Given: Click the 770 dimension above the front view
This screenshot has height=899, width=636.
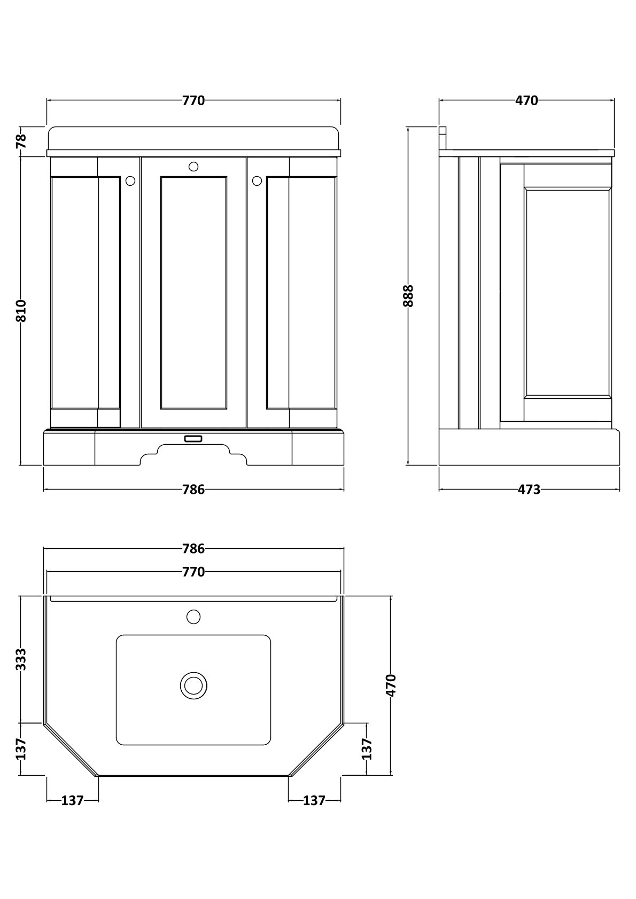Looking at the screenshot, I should pyautogui.click(x=193, y=100).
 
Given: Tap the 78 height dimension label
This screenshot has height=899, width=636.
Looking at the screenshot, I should pyautogui.click(x=21, y=141).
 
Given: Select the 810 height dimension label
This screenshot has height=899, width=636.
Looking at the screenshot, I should pyautogui.click(x=21, y=311).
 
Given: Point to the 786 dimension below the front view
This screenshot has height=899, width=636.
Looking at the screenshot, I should pyautogui.click(x=193, y=489).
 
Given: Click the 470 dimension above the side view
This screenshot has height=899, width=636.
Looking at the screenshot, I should pyautogui.click(x=526, y=100).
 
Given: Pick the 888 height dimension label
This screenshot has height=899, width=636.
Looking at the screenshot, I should pyautogui.click(x=408, y=296).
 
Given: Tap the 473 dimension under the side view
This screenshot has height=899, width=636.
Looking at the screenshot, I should pyautogui.click(x=529, y=489).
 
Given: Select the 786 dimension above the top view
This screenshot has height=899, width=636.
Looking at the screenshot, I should pyautogui.click(x=193, y=548).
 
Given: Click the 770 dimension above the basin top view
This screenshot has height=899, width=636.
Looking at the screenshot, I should pyautogui.click(x=193, y=572).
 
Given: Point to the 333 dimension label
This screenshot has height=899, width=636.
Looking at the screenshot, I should pyautogui.click(x=21, y=659).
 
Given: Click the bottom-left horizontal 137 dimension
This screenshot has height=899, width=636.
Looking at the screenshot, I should pyautogui.click(x=72, y=800).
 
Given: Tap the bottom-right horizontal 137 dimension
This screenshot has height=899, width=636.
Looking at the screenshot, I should pyautogui.click(x=314, y=800).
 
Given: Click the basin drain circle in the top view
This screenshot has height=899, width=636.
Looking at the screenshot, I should pyautogui.click(x=193, y=685).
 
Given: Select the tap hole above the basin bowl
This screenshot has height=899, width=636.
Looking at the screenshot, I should pyautogui.click(x=193, y=617).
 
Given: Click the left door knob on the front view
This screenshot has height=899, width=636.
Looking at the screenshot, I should pyautogui.click(x=130, y=181).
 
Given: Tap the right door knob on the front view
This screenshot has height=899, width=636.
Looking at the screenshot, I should pyautogui.click(x=257, y=181).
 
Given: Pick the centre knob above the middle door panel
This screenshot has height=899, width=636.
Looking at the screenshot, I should pyautogui.click(x=193, y=167).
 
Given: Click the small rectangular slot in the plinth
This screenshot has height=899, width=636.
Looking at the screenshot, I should pyautogui.click(x=193, y=438).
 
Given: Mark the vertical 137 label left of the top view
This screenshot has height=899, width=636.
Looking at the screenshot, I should pyautogui.click(x=21, y=748).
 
